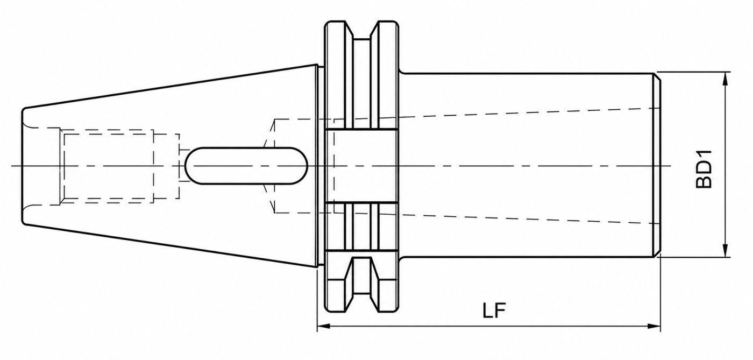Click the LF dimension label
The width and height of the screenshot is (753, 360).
[494, 310]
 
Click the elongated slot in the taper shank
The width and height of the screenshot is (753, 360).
[246, 166]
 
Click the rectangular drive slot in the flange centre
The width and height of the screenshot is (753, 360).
[361, 166]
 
